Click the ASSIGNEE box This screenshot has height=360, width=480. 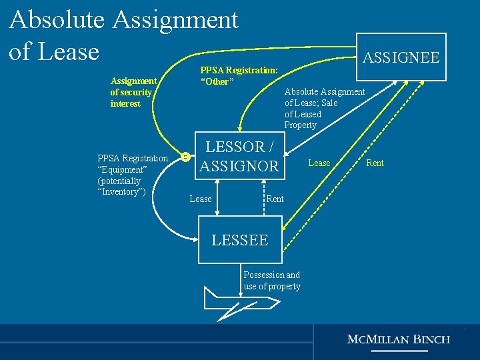pyautogui.click(x=401, y=57)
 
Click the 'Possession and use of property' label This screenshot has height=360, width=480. pyautogui.click(x=272, y=281)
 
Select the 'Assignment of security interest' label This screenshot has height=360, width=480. pyautogui.click(x=133, y=93)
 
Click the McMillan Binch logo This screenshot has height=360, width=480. pyautogui.click(x=399, y=339)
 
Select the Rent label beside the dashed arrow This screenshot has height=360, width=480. pyautogui.click(x=375, y=163)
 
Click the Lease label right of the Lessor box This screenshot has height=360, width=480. pyautogui.click(x=319, y=163)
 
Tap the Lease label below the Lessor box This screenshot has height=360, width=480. pyautogui.click(x=201, y=199)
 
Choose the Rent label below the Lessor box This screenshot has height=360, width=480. pyautogui.click(x=275, y=199)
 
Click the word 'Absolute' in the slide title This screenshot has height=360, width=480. pyautogui.click(x=57, y=20)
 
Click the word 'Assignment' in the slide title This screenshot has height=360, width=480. pyautogui.click(x=175, y=20)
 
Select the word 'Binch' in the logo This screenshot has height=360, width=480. pyautogui.click(x=432, y=339)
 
